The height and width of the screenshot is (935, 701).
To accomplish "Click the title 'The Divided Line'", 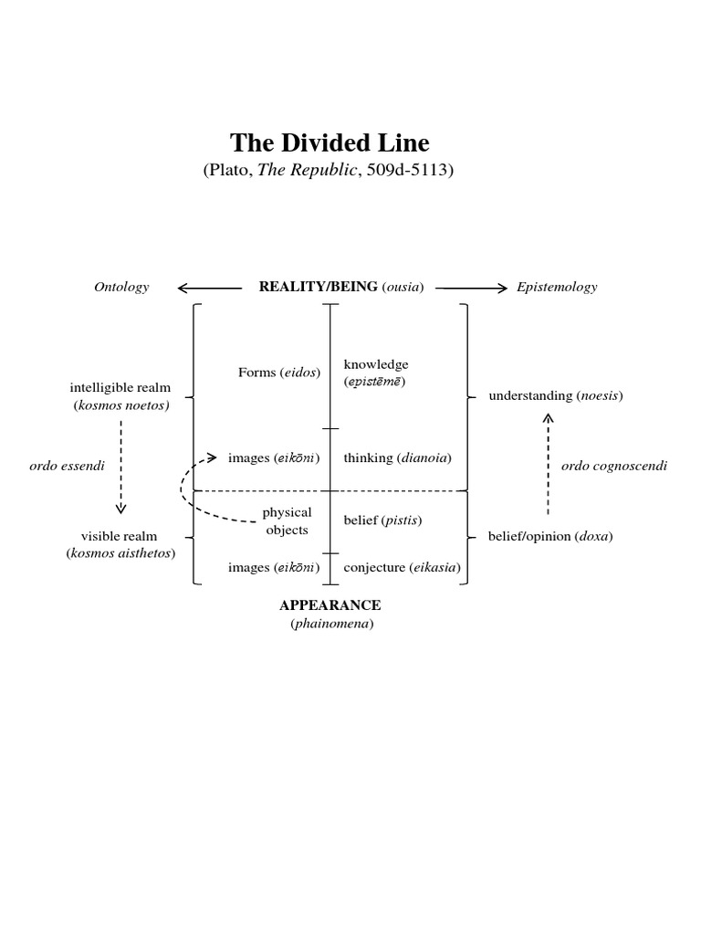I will tap(330, 143).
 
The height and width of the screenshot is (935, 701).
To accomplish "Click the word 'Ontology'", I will tap(121, 287).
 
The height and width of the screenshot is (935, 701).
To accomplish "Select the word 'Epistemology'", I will tap(557, 287).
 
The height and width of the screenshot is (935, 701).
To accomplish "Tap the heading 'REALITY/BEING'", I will tap(319, 287).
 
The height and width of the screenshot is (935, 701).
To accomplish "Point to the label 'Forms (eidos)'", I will tap(279, 372).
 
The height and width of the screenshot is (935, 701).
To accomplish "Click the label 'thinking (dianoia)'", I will tap(397, 457).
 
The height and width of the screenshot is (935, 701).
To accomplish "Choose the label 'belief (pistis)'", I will tap(382, 520).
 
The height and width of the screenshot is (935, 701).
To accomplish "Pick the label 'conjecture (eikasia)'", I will tap(402, 567).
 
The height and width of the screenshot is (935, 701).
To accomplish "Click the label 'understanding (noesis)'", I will tap(556, 395).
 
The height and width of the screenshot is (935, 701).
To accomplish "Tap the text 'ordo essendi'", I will tap(68, 466).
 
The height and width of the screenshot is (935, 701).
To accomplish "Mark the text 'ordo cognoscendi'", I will tap(614, 466).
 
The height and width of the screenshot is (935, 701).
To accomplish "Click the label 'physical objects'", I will tap(287, 520).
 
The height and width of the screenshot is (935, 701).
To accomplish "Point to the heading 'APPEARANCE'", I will tap(330, 605).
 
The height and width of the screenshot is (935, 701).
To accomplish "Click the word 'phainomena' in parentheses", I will tap(330, 624).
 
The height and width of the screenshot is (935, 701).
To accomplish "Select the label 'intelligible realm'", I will tap(120, 388).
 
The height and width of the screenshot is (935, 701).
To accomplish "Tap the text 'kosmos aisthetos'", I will tap(121, 553).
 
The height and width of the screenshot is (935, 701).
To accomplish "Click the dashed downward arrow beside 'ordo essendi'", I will tap(121, 467).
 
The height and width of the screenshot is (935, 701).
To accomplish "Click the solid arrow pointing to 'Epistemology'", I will tap(471, 288).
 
